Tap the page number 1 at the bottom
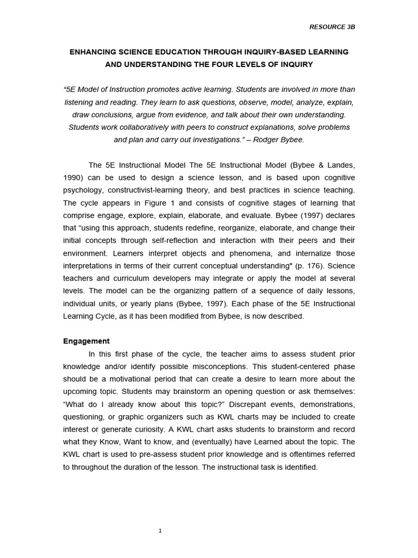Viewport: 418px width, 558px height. pyautogui.click(x=160, y=531)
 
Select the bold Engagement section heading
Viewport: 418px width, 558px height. pyautogui.click(x=86, y=341)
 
